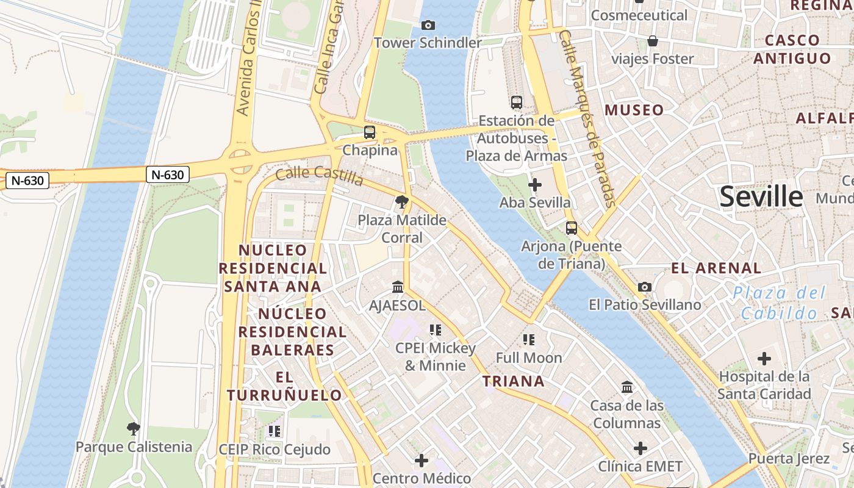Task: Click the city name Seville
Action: coord(761,196)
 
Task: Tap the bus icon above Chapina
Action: coord(370,132)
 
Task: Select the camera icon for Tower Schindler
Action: coord(428,25)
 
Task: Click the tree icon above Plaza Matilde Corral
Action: coord(401,201)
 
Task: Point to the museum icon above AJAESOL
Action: coord(398,286)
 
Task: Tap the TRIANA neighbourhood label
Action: coord(513,381)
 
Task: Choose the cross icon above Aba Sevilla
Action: coord(535,184)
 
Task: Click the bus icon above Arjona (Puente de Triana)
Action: coord(571,228)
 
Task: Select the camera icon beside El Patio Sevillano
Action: coord(645,287)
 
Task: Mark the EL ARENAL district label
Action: coord(716,268)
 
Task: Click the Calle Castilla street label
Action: coord(319,175)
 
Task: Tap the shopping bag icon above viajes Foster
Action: coord(653,41)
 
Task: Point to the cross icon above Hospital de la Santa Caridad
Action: coord(764,359)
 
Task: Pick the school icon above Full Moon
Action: coord(528,339)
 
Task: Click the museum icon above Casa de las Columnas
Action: coord(626,387)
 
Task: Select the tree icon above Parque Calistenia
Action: coord(134,428)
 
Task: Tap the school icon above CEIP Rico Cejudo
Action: coord(274,431)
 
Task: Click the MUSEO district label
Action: coord(634,110)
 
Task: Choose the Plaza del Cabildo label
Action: coord(779,303)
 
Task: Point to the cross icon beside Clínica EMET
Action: coord(640,449)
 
